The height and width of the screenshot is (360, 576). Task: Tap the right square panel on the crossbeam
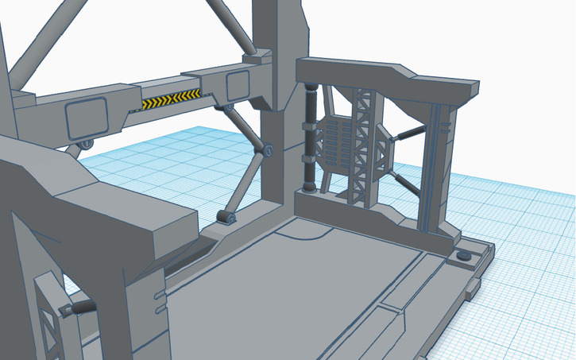(x=238, y=86)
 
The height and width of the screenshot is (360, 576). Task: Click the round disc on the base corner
(x=463, y=256)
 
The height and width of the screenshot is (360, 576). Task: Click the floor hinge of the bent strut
(x=226, y=217)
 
